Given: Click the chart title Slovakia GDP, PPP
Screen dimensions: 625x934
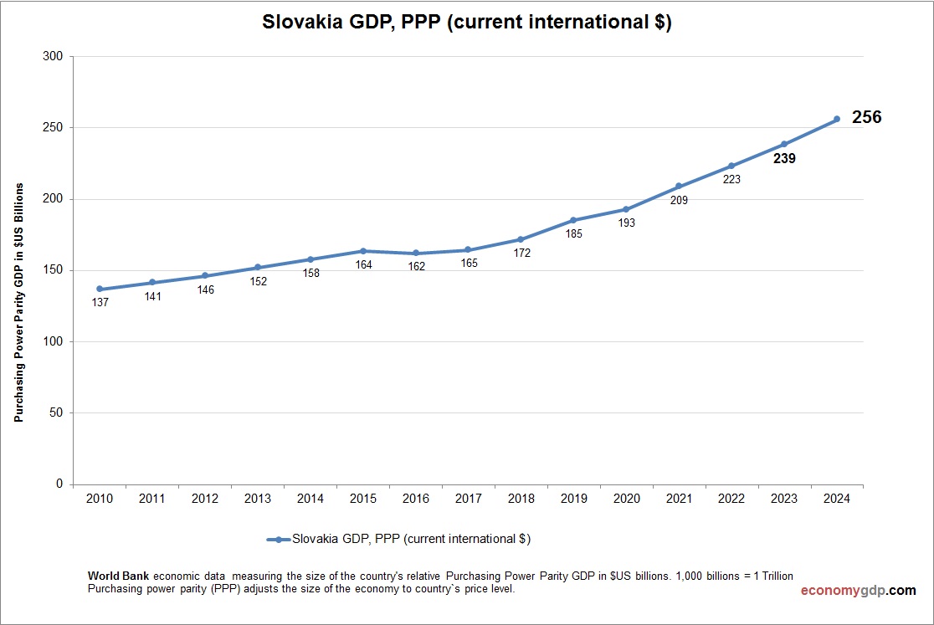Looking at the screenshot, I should pyautogui.click(x=467, y=23).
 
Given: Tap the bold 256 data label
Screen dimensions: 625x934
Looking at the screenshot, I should pyautogui.click(x=866, y=118).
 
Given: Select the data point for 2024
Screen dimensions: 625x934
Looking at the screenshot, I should pyautogui.click(x=836, y=119).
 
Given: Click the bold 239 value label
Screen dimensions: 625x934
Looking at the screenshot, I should pyautogui.click(x=784, y=158).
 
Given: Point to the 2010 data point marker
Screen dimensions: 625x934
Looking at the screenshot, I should pyautogui.click(x=100, y=289).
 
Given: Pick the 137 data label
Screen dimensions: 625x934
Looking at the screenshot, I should pyautogui.click(x=100, y=302).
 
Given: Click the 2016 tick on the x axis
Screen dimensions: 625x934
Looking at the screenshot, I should pyautogui.click(x=416, y=499).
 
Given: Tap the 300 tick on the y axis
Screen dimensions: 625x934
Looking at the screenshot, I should pyautogui.click(x=52, y=57).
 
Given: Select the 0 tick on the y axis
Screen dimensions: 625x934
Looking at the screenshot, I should pyautogui.click(x=59, y=484).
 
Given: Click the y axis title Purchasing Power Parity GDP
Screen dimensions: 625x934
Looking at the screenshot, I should pyautogui.click(x=18, y=302).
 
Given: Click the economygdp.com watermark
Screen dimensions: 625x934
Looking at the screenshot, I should pyautogui.click(x=858, y=590).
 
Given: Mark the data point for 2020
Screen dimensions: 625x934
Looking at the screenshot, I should pyautogui.click(x=626, y=209).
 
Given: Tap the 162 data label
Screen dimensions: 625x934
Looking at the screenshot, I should pyautogui.click(x=416, y=266).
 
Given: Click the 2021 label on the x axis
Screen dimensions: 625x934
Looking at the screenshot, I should pyautogui.click(x=679, y=499).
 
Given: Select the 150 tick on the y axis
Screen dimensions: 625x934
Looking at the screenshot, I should pyautogui.click(x=52, y=270).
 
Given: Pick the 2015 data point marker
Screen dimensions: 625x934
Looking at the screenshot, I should pyautogui.click(x=363, y=251).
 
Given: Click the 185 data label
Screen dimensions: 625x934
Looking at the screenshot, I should pyautogui.click(x=573, y=234).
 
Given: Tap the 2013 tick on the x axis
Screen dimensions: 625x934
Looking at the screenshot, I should pyautogui.click(x=258, y=499).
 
